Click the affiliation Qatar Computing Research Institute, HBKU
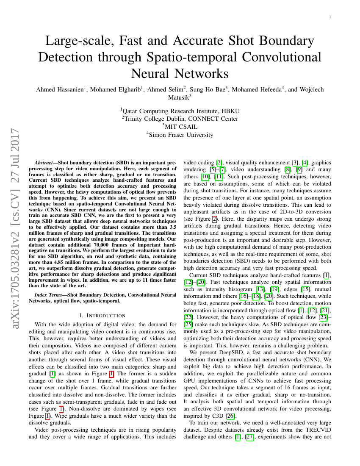180,111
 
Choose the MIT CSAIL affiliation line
180,127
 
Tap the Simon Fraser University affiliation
180,135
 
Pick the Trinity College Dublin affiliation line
180,119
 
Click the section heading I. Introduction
102,315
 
